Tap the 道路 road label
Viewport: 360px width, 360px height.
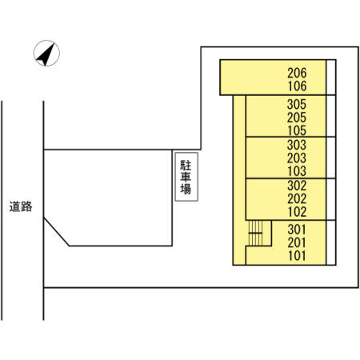click(21, 206)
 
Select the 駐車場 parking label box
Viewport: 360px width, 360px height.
click(185, 177)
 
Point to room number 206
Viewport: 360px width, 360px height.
click(297, 72)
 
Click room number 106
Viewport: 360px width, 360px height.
click(297, 86)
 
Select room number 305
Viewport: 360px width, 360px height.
click(297, 103)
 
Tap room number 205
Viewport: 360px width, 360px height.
click(297, 117)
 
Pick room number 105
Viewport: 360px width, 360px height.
click(297, 130)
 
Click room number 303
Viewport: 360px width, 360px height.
click(297, 145)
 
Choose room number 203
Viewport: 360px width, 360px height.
click(297, 158)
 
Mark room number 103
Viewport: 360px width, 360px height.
click(297, 171)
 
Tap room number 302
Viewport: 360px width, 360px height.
click(297, 186)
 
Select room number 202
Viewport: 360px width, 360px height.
click(297, 199)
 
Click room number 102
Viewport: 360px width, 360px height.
click(297, 213)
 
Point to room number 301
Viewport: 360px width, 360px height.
click(297, 229)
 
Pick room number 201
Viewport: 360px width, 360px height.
click(297, 242)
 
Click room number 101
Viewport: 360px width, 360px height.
click(297, 256)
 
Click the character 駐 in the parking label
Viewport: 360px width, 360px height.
click(185, 164)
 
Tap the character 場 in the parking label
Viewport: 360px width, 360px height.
click(185, 190)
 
